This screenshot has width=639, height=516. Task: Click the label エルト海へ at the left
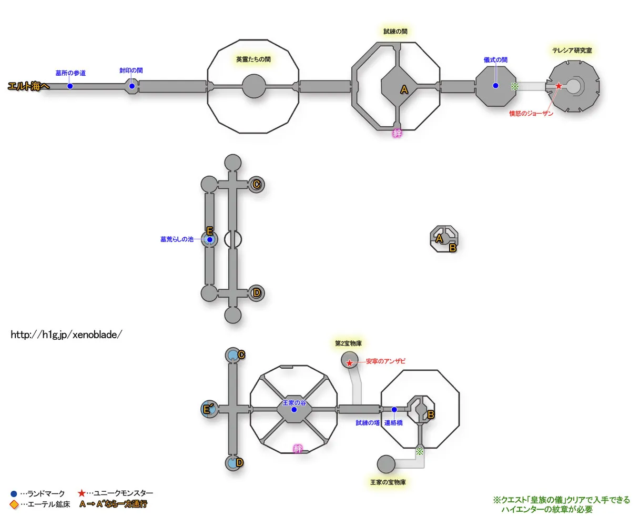tap(28, 86)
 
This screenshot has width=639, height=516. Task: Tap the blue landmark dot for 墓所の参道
tap(70, 86)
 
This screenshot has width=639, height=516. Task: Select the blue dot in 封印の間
tap(132, 86)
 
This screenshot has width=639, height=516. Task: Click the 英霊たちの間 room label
tap(253, 59)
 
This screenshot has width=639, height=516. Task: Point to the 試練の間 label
tap(395, 32)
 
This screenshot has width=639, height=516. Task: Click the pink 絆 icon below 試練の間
tap(398, 133)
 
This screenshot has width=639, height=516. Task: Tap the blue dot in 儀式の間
tap(495, 86)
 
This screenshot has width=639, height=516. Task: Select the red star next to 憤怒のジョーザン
tap(559, 86)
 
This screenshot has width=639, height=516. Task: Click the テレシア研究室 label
tap(572, 50)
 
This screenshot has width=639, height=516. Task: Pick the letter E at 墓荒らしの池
tap(209, 231)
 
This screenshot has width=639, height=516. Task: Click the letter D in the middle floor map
tap(256, 293)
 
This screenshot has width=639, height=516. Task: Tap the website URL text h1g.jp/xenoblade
tap(66, 335)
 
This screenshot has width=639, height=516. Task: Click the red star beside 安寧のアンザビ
tap(350, 363)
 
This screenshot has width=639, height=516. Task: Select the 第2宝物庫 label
tap(348, 343)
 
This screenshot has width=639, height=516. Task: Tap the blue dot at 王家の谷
tap(294, 410)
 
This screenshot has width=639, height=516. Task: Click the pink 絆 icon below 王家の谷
tap(298, 448)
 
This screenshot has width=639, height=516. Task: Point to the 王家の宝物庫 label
tap(388, 482)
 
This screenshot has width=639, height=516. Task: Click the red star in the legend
tap(82, 493)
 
